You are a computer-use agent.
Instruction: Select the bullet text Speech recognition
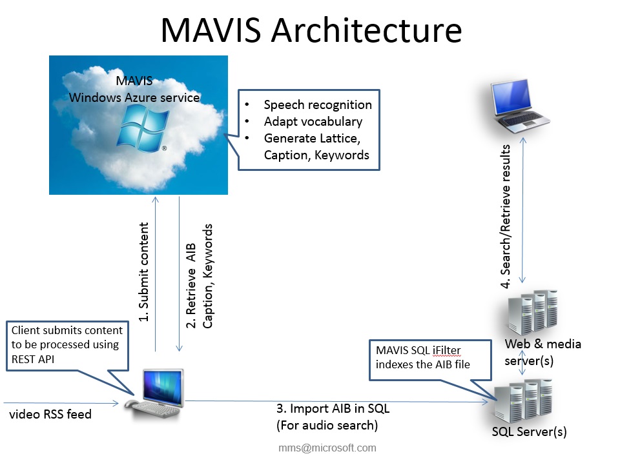tap(318, 104)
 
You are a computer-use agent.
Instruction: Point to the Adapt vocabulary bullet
tap(313, 121)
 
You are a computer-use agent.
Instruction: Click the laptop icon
tap(519, 107)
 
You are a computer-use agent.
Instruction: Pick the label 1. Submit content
tap(145, 272)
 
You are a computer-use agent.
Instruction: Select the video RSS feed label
tap(50, 414)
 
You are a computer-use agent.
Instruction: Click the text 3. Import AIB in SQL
tap(333, 409)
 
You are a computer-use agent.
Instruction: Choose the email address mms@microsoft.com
tap(327, 448)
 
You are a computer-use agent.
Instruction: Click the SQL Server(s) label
tap(528, 431)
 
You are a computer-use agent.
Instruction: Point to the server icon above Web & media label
tap(532, 312)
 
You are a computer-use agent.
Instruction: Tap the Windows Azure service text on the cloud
tap(134, 97)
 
